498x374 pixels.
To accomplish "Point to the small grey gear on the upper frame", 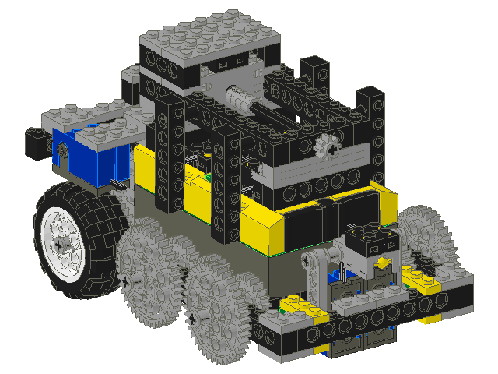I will coord(331,146).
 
